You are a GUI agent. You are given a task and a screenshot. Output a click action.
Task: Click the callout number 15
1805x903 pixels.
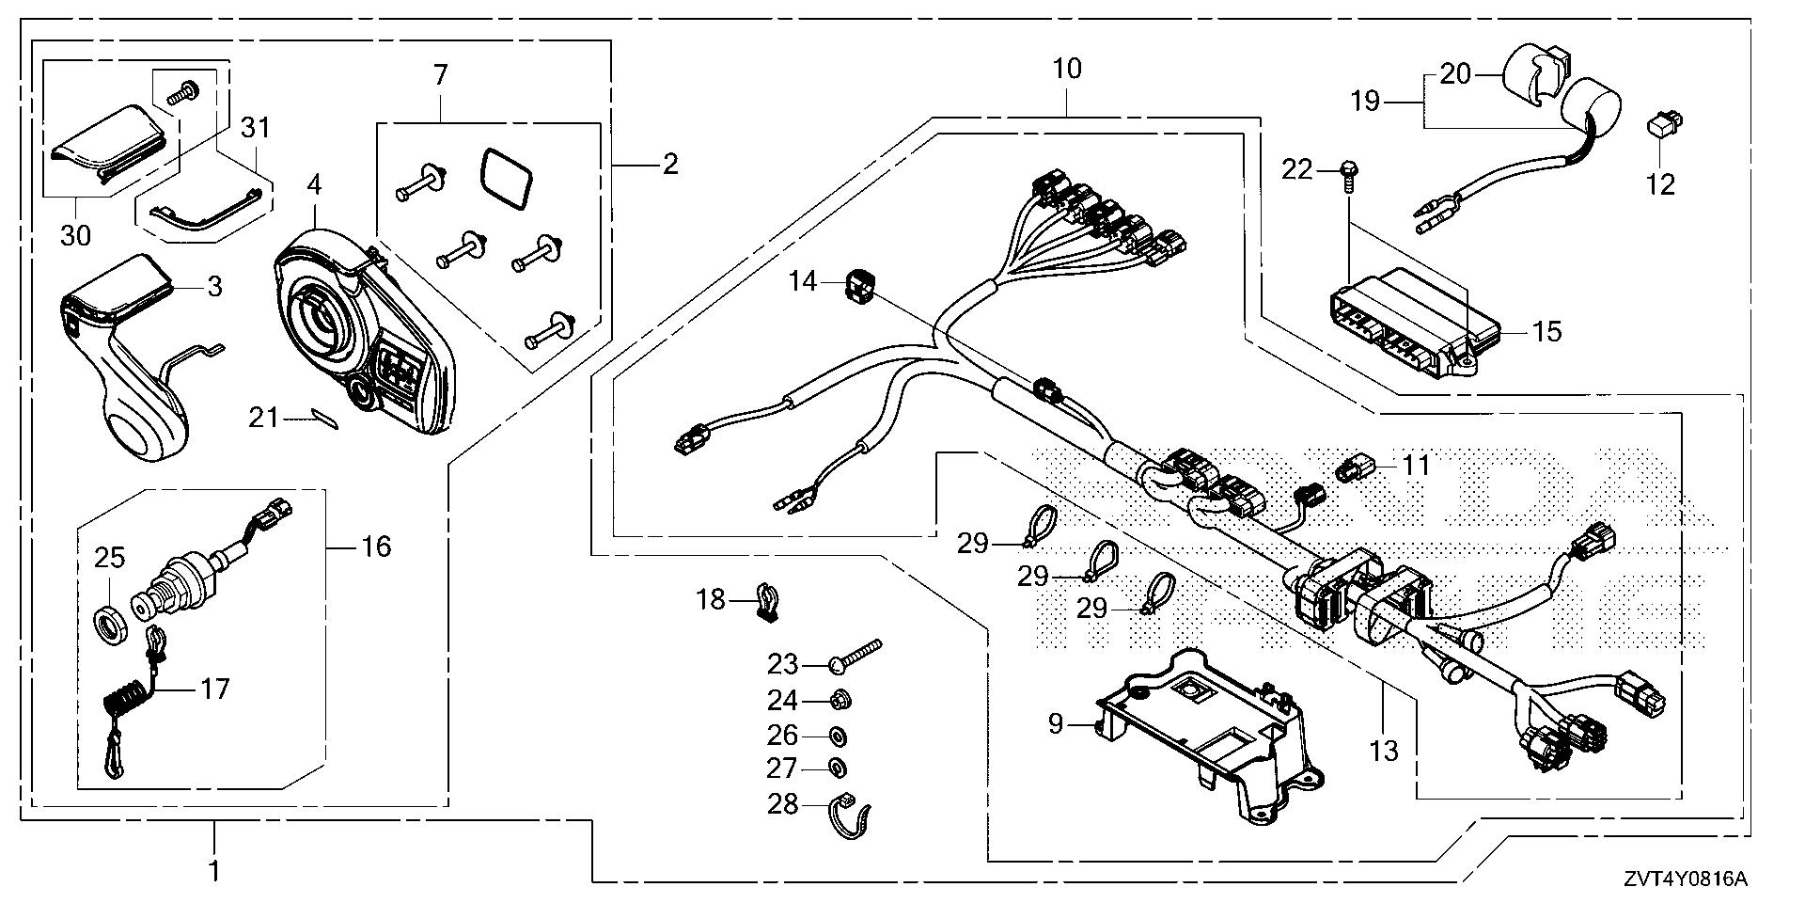1546,331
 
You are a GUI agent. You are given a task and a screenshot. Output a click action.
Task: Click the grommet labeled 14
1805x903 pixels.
856,284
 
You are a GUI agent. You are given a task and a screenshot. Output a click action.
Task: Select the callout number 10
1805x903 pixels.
1067,69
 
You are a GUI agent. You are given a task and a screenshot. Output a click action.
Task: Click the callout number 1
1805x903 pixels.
214,871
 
